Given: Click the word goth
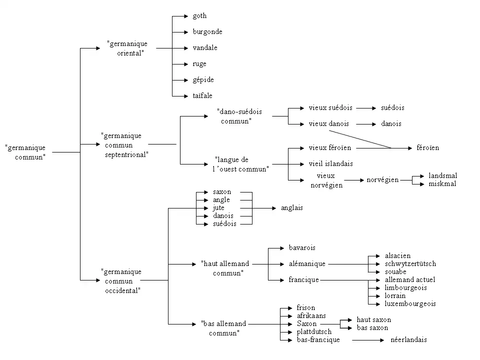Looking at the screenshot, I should [x=199, y=16].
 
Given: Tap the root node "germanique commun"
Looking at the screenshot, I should [x=25, y=151].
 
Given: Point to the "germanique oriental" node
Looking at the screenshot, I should [x=127, y=48].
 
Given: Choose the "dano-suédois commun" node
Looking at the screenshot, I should [x=239, y=116].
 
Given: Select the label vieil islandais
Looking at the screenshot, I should [x=330, y=163].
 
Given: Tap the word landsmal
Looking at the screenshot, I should [x=442, y=175].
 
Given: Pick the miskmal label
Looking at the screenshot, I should [x=442, y=183].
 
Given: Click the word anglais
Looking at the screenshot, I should [x=292, y=208].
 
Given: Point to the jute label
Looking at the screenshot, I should [x=218, y=208].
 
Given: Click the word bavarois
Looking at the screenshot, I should [x=302, y=247].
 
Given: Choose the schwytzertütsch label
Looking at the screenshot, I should [x=410, y=263].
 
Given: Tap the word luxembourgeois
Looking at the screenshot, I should [x=410, y=303].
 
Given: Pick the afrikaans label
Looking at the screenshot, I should [x=311, y=315].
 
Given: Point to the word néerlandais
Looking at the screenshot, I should [x=408, y=340].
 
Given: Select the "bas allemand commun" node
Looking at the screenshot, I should [x=223, y=328].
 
